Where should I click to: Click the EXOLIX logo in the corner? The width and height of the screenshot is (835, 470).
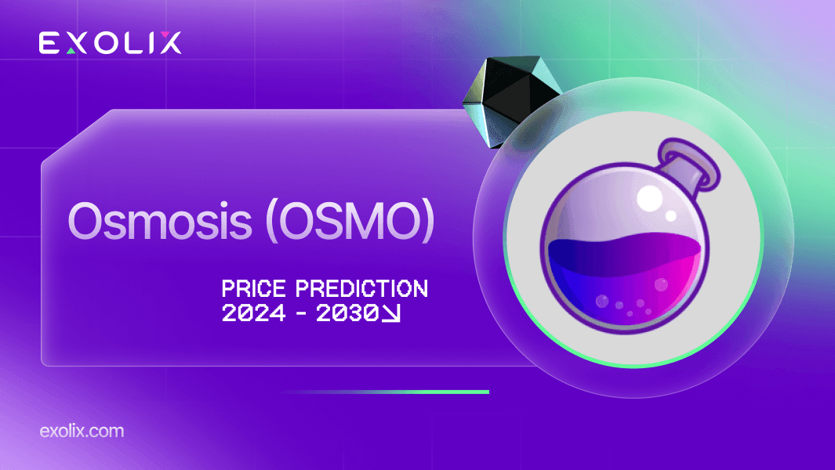(111, 42)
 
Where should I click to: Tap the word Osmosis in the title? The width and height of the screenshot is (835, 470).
(160, 221)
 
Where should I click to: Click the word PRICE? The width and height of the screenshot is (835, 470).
(253, 289)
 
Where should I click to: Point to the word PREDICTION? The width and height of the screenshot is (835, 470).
(362, 289)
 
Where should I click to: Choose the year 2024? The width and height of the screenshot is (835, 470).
(253, 313)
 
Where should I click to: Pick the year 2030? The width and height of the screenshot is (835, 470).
(347, 313)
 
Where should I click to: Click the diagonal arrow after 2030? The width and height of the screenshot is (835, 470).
(391, 313)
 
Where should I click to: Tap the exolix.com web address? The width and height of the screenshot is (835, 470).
(82, 431)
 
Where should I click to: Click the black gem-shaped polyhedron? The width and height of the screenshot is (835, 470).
(510, 99)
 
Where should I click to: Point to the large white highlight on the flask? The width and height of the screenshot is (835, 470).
(650, 198)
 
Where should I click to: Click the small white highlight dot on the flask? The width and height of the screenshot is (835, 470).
(671, 215)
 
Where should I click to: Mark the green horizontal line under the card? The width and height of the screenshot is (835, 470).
(385, 392)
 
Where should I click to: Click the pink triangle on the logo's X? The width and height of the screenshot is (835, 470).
(165, 35)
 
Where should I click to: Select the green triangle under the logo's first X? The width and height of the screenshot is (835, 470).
(71, 51)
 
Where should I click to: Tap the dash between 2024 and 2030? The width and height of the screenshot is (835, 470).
(301, 313)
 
